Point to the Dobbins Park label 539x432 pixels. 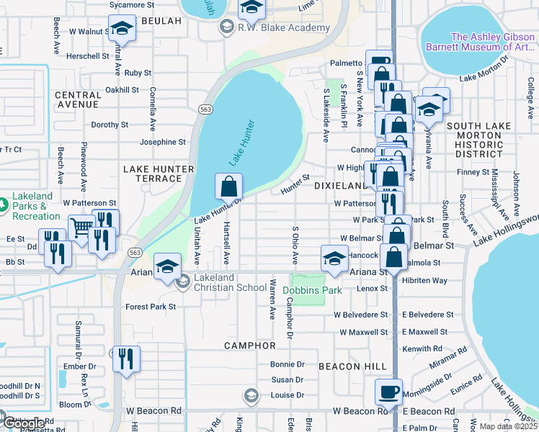311,291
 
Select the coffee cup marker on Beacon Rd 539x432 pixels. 389,392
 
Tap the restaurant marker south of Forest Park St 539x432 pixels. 126,358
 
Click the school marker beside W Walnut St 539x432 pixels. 122,30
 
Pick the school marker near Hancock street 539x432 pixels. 334,258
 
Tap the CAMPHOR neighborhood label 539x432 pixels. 251,346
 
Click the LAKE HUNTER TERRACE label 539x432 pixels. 159,174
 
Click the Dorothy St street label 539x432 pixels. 109,125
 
